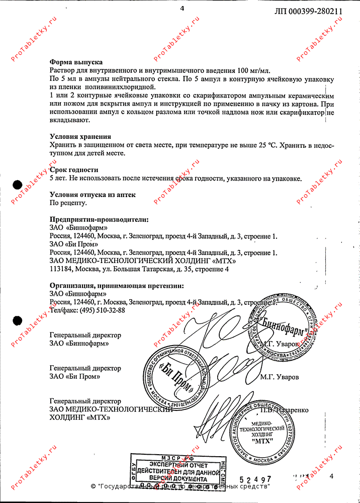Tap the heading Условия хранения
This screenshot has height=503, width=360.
point(80,137)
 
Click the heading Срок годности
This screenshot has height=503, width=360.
point(74,170)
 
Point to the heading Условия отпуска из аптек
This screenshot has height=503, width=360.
point(93,195)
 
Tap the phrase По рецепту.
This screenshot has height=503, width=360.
point(68,203)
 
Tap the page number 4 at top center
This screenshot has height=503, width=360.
point(182,9)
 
